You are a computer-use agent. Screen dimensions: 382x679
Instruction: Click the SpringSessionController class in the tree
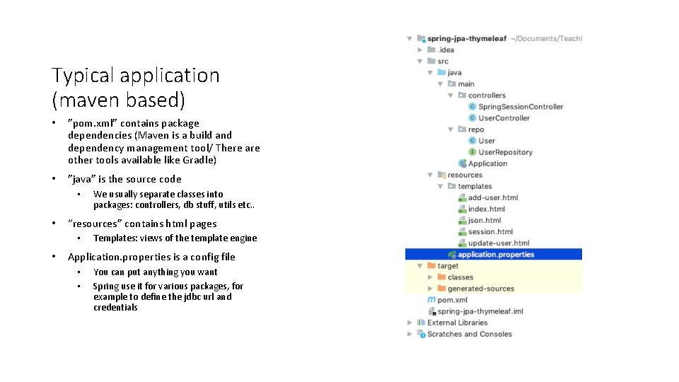click(x=521, y=107)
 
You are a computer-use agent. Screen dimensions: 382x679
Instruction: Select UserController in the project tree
click(x=504, y=118)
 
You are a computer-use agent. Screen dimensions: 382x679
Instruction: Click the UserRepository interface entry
click(x=505, y=152)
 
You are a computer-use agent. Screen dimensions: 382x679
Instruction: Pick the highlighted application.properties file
click(x=495, y=255)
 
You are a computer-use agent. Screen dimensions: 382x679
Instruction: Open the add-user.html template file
click(x=492, y=197)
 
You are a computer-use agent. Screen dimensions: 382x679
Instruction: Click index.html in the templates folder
click(x=487, y=209)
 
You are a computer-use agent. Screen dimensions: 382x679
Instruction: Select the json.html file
click(x=484, y=220)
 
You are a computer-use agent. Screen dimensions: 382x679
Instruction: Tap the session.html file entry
click(x=490, y=231)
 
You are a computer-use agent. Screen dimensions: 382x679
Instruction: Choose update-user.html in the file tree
click(x=498, y=243)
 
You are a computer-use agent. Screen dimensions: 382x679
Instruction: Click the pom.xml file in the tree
click(x=452, y=300)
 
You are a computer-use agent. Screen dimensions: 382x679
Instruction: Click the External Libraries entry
click(x=457, y=323)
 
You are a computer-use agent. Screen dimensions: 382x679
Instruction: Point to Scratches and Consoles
click(x=469, y=334)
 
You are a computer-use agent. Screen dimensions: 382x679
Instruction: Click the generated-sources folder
click(x=480, y=289)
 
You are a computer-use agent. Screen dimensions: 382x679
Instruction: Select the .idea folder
click(x=446, y=50)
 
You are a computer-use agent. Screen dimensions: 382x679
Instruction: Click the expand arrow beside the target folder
click(x=420, y=266)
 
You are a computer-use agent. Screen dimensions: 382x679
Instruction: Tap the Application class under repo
click(x=487, y=163)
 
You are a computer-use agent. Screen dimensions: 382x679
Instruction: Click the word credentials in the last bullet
click(x=115, y=308)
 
